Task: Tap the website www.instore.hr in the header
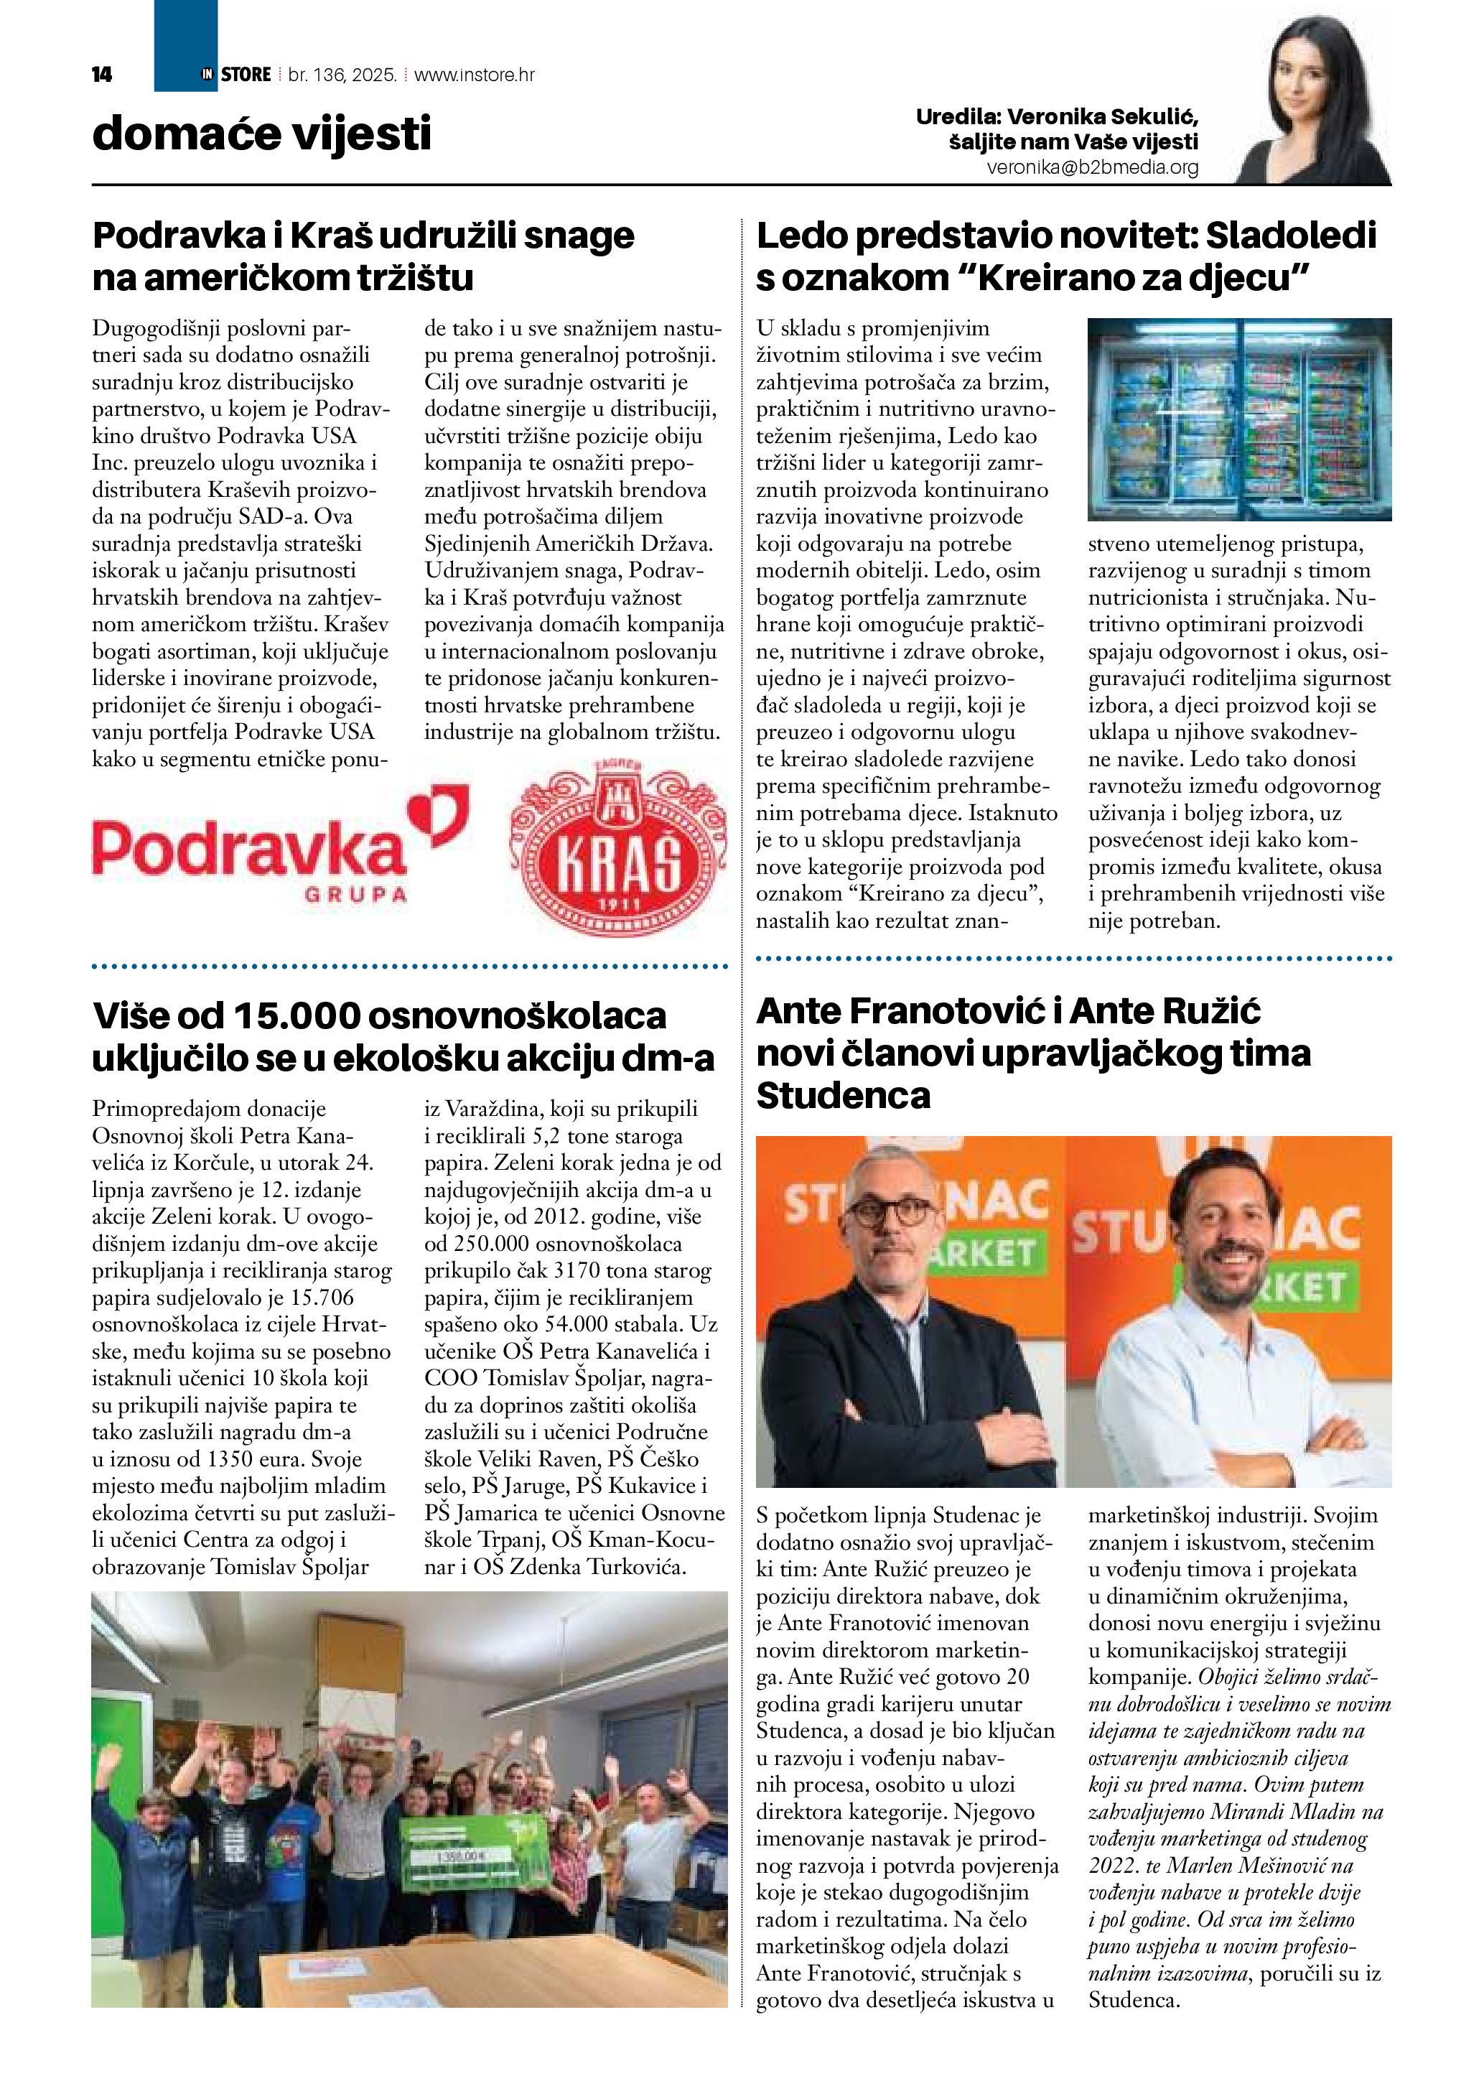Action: point(475,75)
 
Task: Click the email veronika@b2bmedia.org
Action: point(1092,168)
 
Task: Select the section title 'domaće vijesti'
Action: point(261,134)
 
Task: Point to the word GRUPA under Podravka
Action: point(355,894)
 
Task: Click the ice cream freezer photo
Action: point(1239,419)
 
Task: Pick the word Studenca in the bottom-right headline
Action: point(843,1095)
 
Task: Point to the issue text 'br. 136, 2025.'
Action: point(342,75)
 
